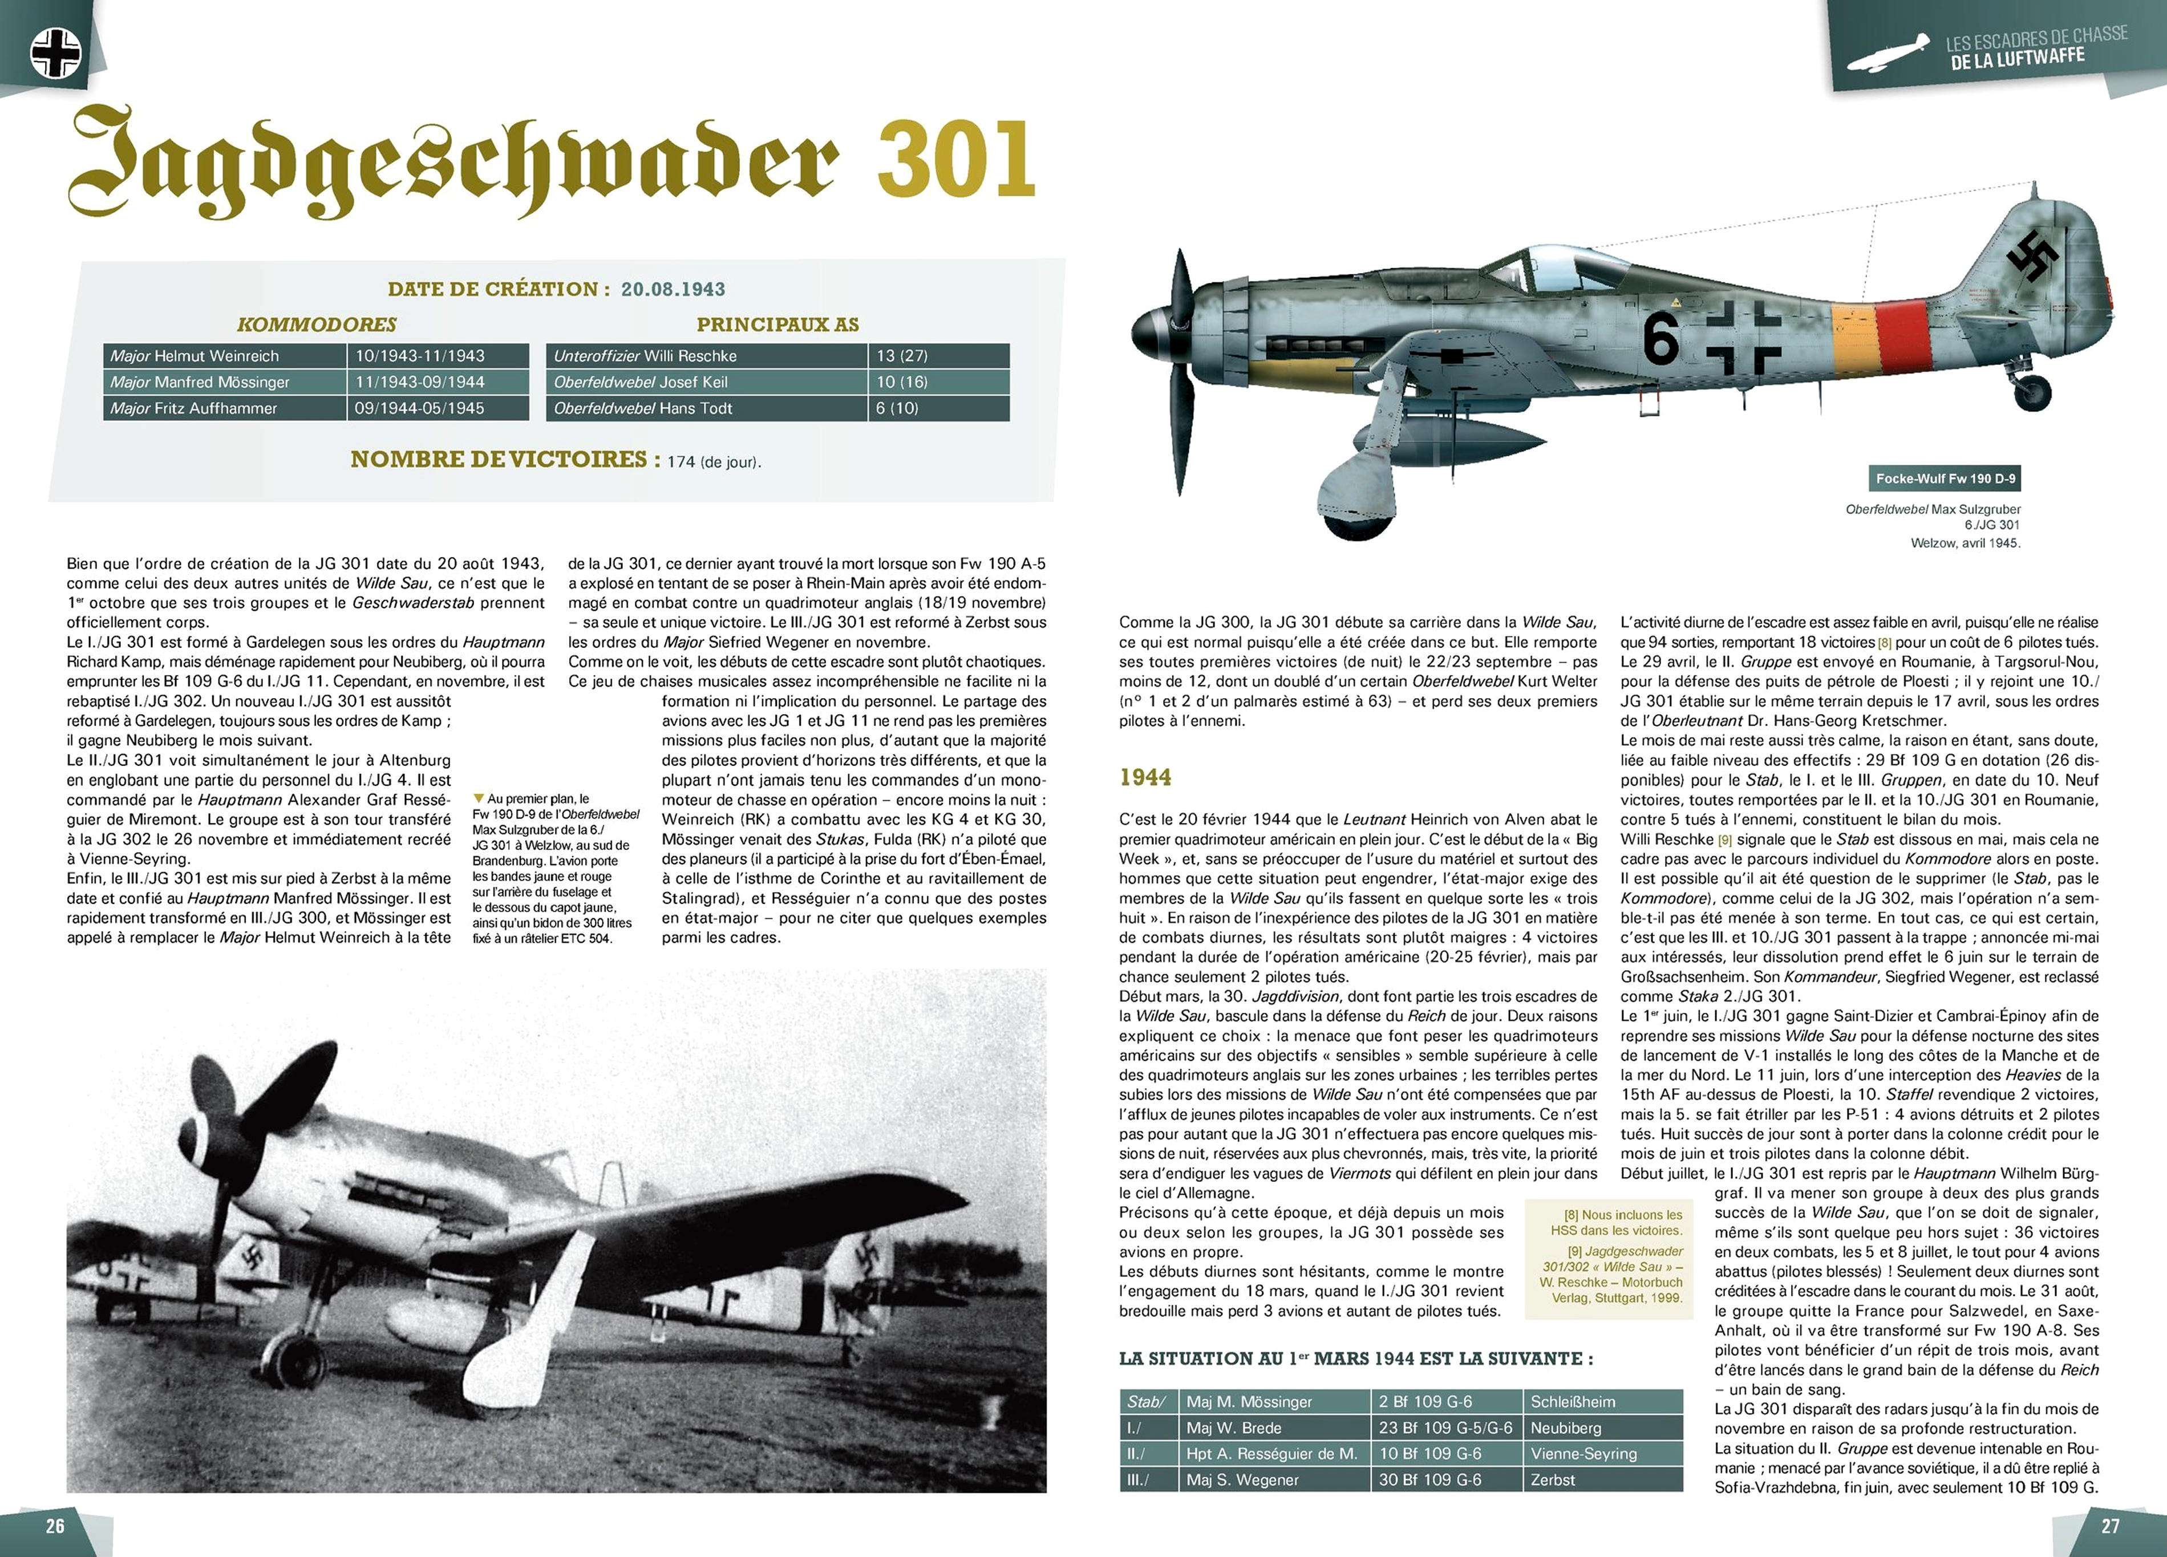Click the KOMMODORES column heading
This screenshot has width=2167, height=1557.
point(316,325)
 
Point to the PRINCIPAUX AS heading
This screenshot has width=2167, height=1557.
point(777,325)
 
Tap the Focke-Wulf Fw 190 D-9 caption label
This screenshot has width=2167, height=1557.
point(1945,479)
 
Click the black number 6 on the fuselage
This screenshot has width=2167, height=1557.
point(1660,340)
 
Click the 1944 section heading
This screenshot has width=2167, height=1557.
point(1145,777)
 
